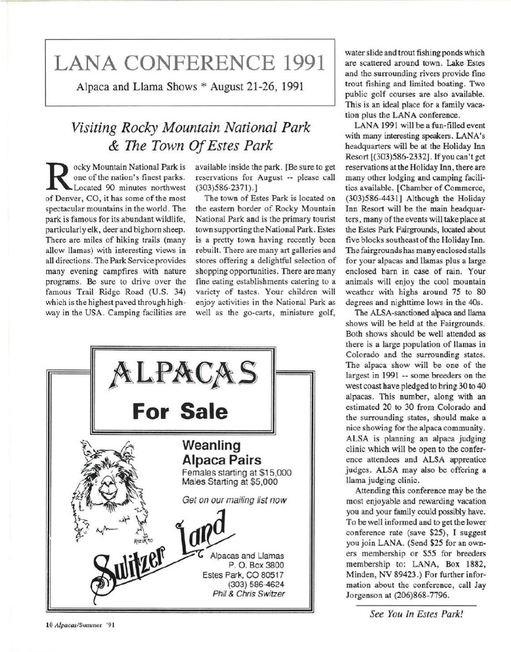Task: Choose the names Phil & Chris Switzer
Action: click(249, 594)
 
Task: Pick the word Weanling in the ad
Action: click(211, 446)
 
